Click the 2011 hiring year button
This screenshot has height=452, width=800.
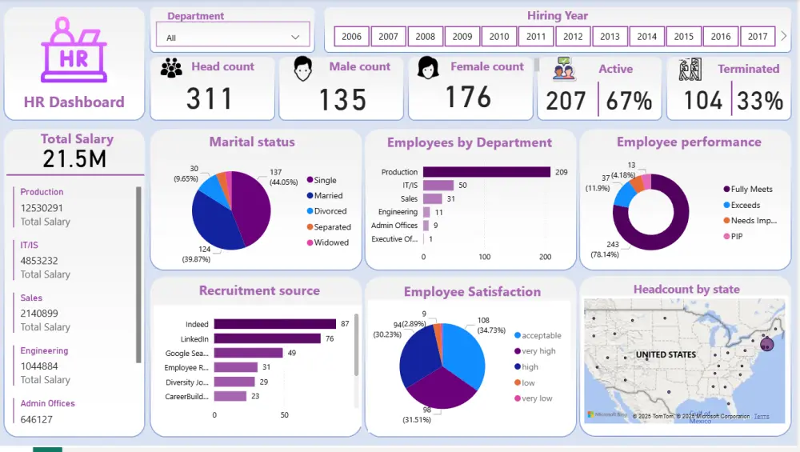pos(536,37)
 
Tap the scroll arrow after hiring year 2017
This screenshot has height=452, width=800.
pos(783,36)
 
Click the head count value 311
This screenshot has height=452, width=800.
pos(210,99)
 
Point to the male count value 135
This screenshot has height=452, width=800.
pos(342,100)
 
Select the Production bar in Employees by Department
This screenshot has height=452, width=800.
pos(486,172)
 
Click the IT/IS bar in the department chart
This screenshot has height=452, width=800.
pos(438,186)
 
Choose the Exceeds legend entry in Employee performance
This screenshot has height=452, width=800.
pos(745,205)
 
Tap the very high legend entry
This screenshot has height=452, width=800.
pos(538,351)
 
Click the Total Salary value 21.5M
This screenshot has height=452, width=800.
pos(74,158)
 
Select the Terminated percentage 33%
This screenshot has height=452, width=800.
pos(760,101)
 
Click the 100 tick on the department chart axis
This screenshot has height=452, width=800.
pos(485,258)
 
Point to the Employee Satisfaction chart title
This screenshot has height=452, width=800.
pos(472,292)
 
